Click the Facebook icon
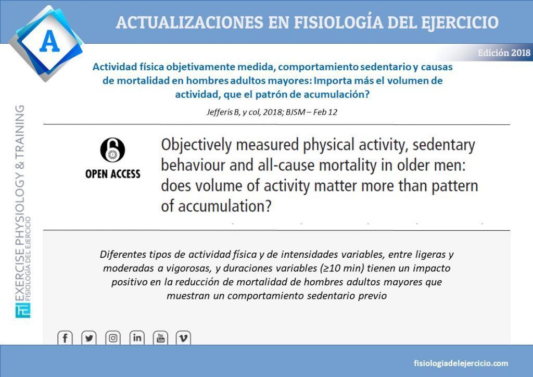click(x=65, y=338)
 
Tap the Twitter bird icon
click(x=89, y=338)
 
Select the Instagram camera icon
click(x=113, y=338)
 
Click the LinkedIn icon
click(x=137, y=338)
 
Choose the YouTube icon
click(x=161, y=338)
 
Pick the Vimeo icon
click(x=183, y=338)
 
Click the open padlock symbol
click(x=112, y=150)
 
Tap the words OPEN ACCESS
click(x=113, y=174)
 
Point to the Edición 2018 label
click(x=504, y=53)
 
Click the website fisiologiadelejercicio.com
click(x=461, y=363)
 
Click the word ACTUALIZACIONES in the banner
click(x=189, y=22)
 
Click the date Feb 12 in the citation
click(x=325, y=112)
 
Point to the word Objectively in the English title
click(x=196, y=145)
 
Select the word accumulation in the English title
click(x=225, y=206)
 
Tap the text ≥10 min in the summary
click(x=343, y=268)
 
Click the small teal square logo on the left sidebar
click(x=23, y=310)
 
